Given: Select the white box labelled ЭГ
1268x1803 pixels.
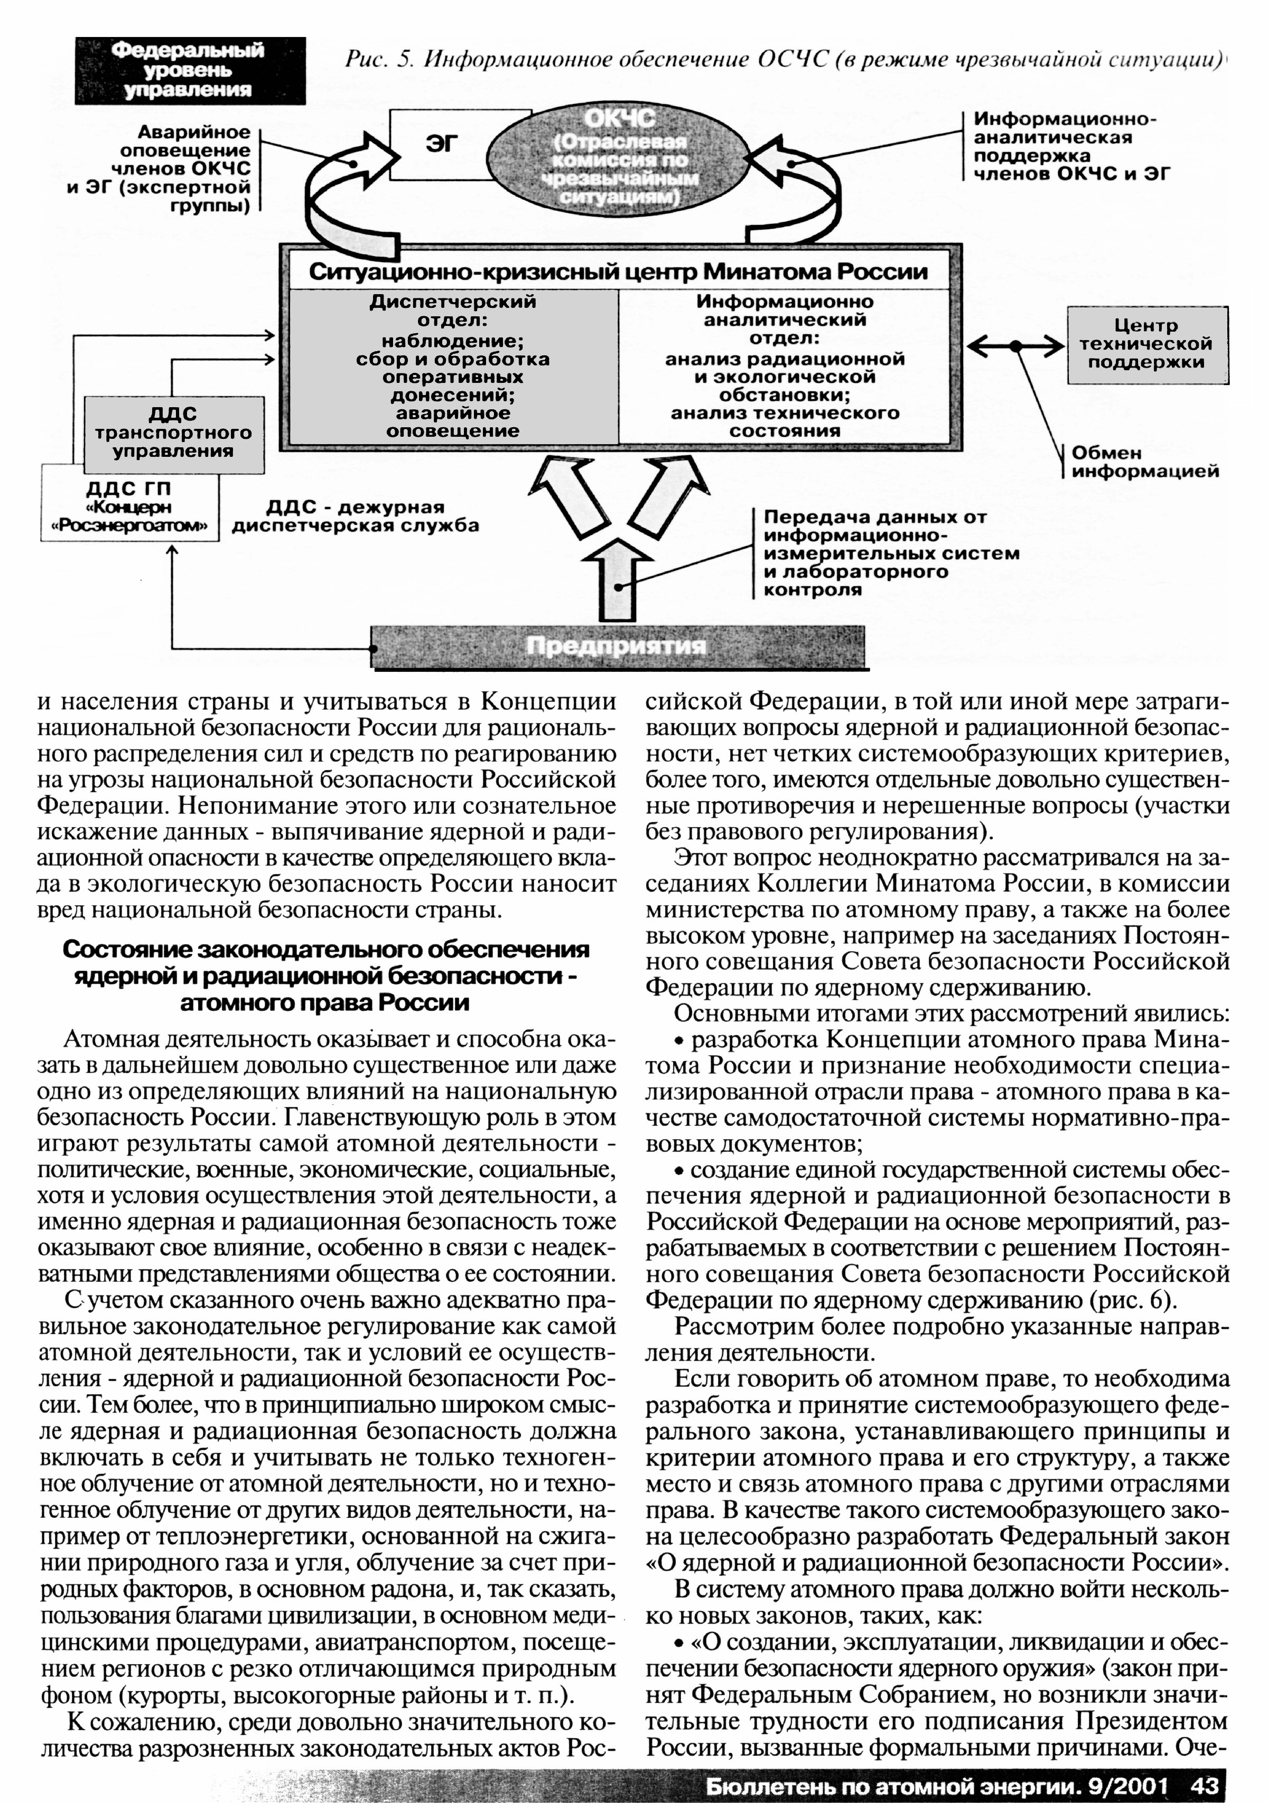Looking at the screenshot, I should point(441,144).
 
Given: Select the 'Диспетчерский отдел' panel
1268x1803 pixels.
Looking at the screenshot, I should point(453,366).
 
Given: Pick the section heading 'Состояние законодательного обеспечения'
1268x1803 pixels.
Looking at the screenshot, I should point(325,975).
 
